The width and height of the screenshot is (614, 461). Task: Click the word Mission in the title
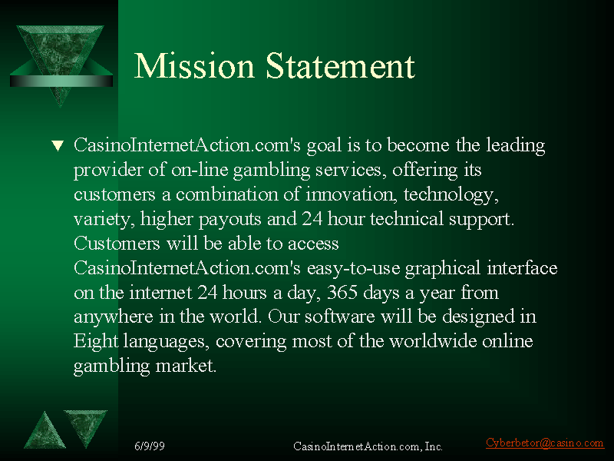(x=194, y=65)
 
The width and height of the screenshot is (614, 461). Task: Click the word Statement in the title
(x=340, y=65)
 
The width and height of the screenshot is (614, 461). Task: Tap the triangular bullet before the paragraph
(x=58, y=145)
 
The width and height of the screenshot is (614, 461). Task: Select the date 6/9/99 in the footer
(x=150, y=446)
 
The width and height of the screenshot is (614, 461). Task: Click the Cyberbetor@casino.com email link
(x=545, y=443)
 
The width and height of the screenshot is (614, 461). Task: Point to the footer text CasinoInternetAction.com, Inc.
(x=368, y=446)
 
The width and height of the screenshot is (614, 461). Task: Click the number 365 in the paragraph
(x=342, y=292)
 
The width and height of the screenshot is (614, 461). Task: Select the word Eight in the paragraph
(x=96, y=340)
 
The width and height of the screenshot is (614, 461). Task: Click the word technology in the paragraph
(x=451, y=195)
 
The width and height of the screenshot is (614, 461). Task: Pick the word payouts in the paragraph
(x=229, y=219)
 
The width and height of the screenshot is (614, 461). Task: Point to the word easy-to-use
(x=353, y=268)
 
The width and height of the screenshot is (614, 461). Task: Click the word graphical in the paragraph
(x=443, y=268)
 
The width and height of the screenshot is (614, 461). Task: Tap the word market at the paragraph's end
(x=186, y=366)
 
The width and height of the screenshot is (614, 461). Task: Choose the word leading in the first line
(x=515, y=145)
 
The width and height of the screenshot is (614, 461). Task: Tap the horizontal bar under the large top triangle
(x=61, y=81)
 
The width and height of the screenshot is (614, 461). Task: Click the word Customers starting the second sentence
(x=117, y=244)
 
